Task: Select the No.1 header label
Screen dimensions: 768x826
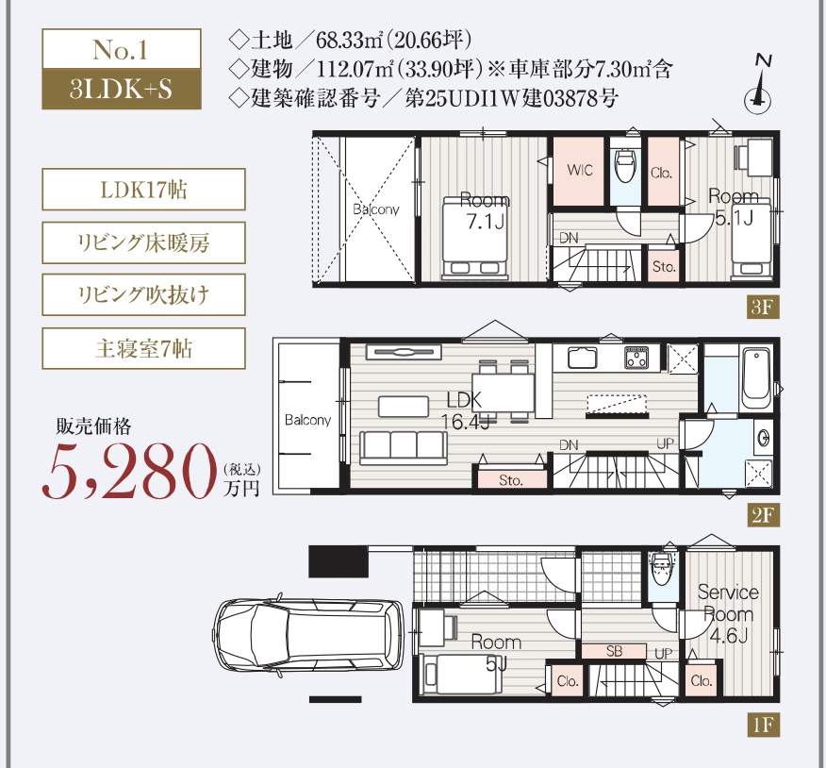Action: point(121,48)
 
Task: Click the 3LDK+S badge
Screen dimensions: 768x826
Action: point(121,91)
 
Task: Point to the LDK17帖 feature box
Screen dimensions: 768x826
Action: point(143,190)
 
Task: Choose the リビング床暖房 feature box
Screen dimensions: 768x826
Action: point(143,242)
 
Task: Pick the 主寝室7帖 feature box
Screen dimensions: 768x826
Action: point(143,348)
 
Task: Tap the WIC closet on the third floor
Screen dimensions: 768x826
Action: point(579,171)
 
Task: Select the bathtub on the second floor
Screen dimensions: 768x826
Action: point(756,377)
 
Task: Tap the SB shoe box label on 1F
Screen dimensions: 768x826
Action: point(613,651)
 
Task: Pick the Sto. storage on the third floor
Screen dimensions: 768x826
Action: point(664,267)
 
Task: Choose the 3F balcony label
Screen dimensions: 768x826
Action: point(376,209)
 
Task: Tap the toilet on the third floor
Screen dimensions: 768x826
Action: point(624,170)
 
